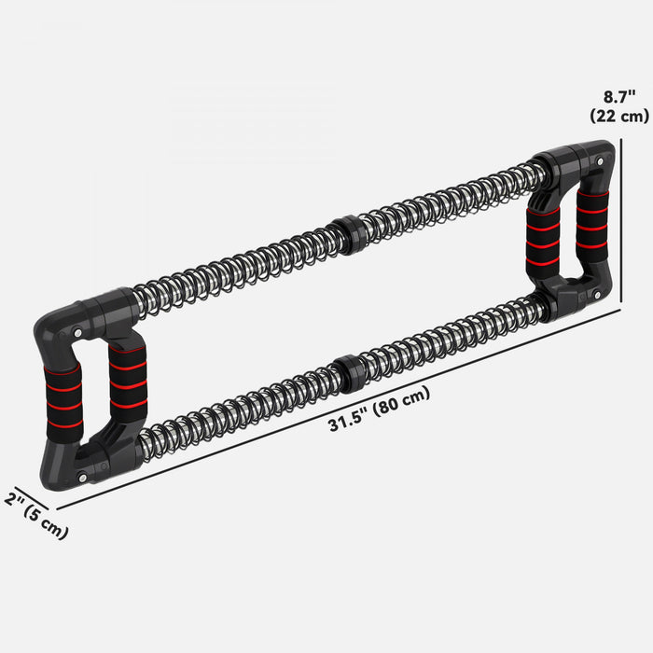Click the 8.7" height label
619,96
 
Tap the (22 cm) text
619,116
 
